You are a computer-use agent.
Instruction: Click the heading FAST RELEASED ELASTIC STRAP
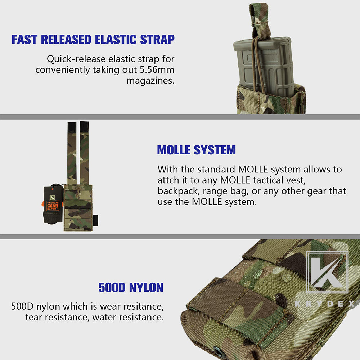[x=93, y=40]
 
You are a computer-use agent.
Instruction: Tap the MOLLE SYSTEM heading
[x=196, y=150]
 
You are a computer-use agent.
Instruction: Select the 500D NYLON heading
[x=131, y=287]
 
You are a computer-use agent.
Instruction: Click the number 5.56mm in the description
[x=157, y=69]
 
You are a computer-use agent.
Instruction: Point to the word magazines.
[x=150, y=81]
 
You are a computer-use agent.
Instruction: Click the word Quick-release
[x=76, y=59]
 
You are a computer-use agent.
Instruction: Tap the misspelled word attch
[x=168, y=180]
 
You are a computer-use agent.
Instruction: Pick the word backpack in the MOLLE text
[x=179, y=191]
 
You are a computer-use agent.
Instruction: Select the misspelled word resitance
[x=143, y=306]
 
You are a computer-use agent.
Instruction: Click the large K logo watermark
[x=327, y=272]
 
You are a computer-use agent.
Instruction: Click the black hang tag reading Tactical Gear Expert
[x=53, y=204]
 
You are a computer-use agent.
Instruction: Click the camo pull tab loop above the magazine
[x=259, y=21]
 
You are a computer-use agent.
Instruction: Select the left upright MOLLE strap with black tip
[x=72, y=153]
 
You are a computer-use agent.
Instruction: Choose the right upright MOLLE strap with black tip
[x=84, y=153]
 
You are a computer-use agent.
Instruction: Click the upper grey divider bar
[x=180, y=117]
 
